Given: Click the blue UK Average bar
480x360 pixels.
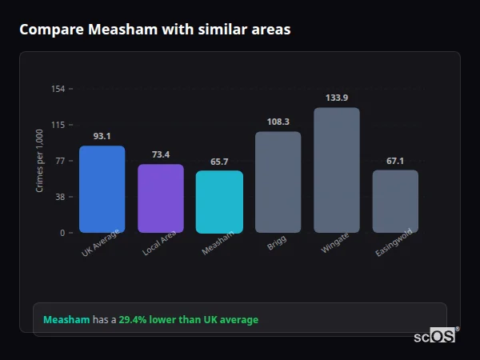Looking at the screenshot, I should click(102, 190).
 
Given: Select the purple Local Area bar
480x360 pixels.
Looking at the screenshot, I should click(160, 198).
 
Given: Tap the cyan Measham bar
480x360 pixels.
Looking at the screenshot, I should click(219, 202).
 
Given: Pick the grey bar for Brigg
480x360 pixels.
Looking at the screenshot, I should click(278, 182).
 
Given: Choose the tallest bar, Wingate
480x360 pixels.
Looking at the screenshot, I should click(337, 170).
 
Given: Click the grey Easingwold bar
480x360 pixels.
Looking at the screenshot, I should click(395, 202).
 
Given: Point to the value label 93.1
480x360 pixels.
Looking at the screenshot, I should click(102, 136).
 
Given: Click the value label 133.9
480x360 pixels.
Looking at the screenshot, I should click(337, 98).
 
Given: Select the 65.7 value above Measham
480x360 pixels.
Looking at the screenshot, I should click(219, 162).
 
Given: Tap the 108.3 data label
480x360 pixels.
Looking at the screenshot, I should click(278, 122).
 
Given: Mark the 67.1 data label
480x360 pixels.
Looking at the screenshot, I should click(395, 161).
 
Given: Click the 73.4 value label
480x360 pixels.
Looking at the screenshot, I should click(160, 154).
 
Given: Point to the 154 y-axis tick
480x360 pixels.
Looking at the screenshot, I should click(58, 89).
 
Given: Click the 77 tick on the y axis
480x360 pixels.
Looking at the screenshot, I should click(60, 161).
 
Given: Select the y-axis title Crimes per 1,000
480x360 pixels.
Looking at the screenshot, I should click(40, 161).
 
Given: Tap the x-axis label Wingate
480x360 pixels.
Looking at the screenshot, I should click(335, 243).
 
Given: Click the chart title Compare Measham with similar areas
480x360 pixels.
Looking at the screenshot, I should click(155, 30).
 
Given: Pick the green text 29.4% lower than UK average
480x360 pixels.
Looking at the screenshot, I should click(189, 320).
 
